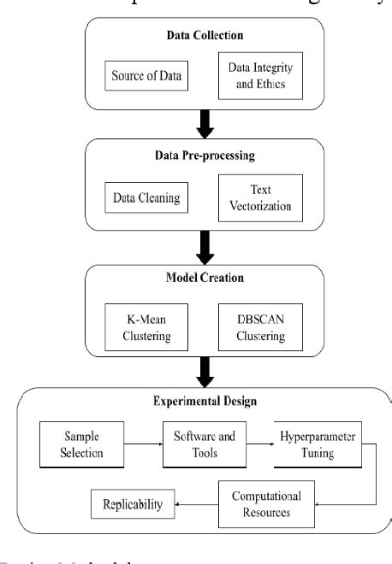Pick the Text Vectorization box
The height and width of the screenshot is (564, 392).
click(x=261, y=197)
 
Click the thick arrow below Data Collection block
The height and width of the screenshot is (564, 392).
click(x=206, y=125)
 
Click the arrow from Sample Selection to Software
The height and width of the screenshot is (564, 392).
click(x=144, y=444)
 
